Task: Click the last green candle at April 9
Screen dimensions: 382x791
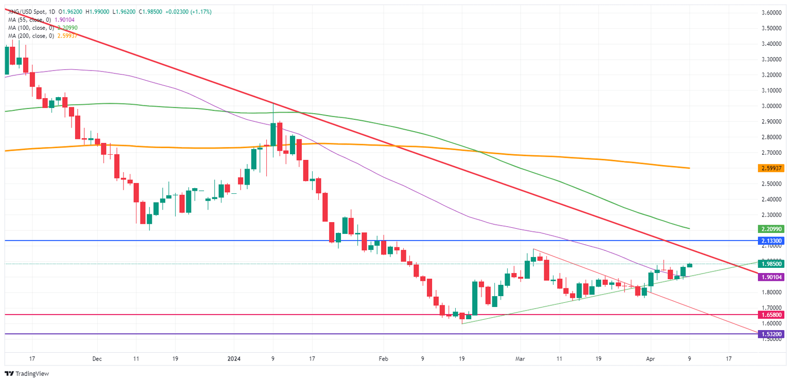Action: (690, 265)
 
